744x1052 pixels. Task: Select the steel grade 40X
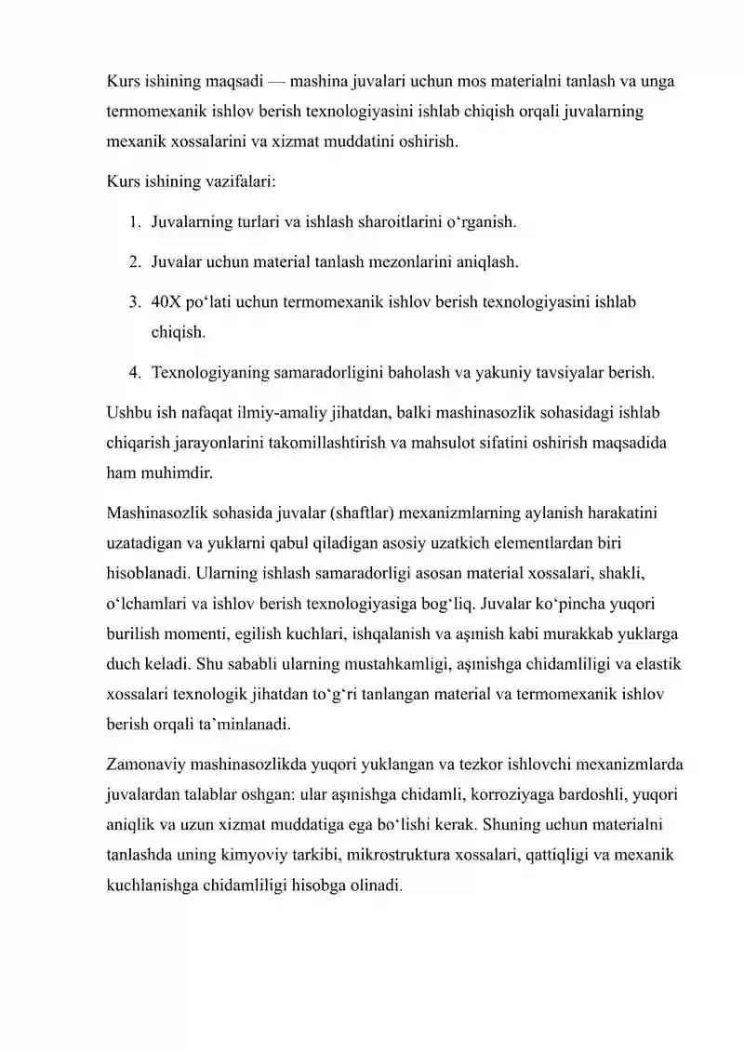point(169,302)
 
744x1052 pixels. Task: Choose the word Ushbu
point(129,412)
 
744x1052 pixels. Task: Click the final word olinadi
point(370,886)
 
